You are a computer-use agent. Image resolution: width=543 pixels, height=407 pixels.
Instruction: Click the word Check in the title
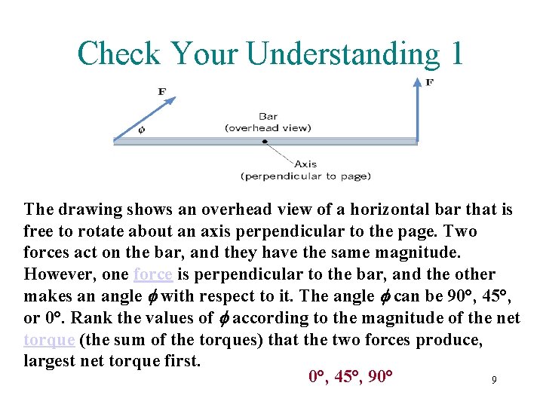119,54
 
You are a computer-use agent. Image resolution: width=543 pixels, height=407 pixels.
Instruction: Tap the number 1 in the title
455,54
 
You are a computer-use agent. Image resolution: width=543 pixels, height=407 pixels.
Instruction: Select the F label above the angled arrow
162,92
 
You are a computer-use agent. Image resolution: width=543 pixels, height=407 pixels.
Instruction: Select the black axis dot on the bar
264,141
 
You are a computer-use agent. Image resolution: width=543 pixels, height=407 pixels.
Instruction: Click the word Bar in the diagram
268,117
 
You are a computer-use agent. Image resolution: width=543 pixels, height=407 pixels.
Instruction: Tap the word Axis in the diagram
305,164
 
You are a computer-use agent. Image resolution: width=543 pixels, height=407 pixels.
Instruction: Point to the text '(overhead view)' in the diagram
268,127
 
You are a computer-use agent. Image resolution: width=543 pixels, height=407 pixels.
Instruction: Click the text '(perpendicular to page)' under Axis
305,176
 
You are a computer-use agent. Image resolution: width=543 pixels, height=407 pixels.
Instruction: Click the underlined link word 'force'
152,274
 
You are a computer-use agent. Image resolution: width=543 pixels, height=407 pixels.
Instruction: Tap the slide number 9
494,381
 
